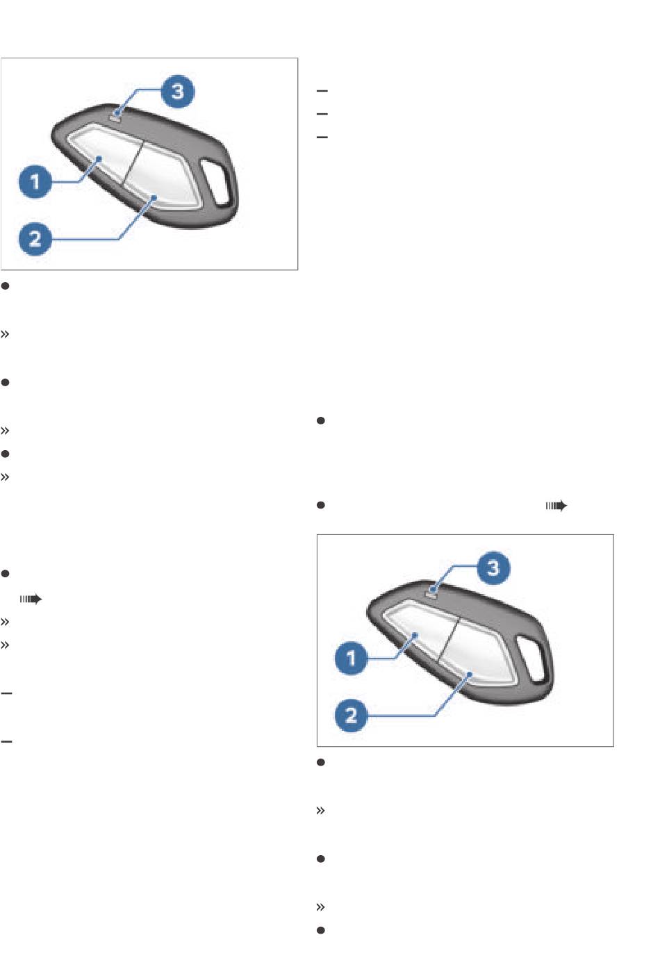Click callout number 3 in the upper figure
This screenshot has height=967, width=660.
pos(178,92)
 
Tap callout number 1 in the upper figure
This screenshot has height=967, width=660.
pos(35,182)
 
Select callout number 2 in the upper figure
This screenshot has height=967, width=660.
pos(35,239)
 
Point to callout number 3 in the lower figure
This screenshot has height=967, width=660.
pos(493,568)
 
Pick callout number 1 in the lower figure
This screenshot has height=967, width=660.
pos(351,659)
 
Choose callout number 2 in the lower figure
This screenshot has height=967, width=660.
pos(351,716)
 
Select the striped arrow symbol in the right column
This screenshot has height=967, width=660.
pos(556,506)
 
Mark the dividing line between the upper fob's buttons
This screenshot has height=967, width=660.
pos(133,163)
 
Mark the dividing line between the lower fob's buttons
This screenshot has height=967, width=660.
pos(449,639)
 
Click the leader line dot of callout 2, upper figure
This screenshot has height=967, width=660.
pos(154,198)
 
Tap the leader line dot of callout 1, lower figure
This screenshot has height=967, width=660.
pos(415,635)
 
